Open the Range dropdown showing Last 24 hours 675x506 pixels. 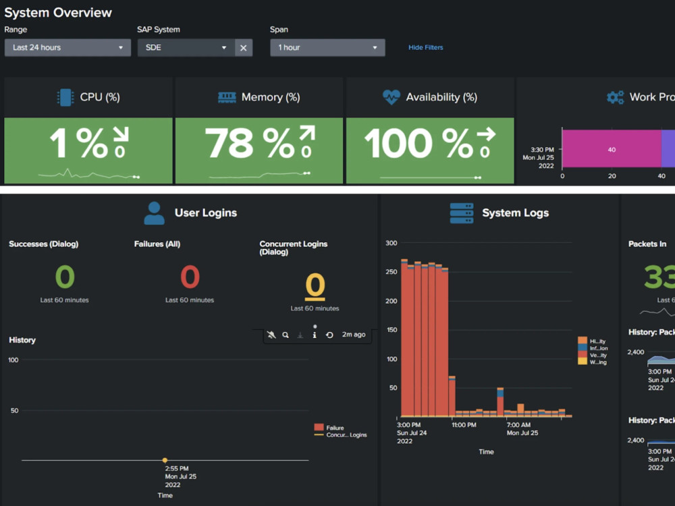pyautogui.click(x=67, y=48)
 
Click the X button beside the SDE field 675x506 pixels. pyautogui.click(x=244, y=48)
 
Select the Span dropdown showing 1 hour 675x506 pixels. pyautogui.click(x=328, y=48)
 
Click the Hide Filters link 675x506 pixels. pyautogui.click(x=425, y=48)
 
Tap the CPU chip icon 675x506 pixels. pyautogui.click(x=65, y=97)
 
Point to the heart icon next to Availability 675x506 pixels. pyautogui.click(x=391, y=97)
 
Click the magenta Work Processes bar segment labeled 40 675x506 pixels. pyautogui.click(x=611, y=150)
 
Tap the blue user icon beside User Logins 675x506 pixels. pyautogui.click(x=154, y=213)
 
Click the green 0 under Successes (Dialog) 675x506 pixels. pyautogui.click(x=65, y=277)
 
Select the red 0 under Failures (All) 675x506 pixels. pyautogui.click(x=190, y=277)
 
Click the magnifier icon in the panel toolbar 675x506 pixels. pyautogui.click(x=286, y=335)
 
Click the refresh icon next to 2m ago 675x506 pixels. pyautogui.click(x=329, y=335)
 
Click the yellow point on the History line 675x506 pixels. pyautogui.click(x=165, y=460)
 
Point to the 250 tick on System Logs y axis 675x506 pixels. pyautogui.click(x=391, y=272)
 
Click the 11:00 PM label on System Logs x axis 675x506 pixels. pyautogui.click(x=464, y=425)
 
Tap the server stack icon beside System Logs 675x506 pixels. pyautogui.click(x=462, y=213)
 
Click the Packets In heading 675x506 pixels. pyautogui.click(x=647, y=244)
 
